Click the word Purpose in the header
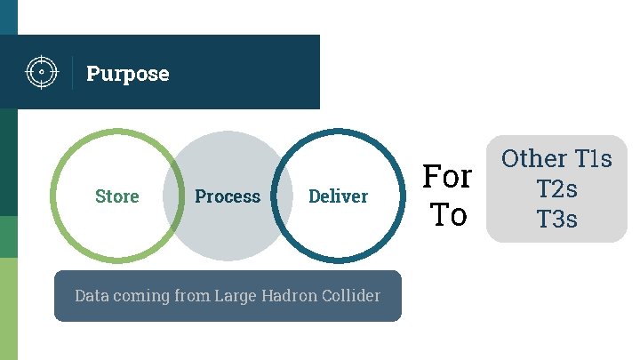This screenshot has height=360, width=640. tap(127, 74)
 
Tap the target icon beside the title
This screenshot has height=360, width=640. tap(38, 72)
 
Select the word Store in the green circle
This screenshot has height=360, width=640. tap(117, 196)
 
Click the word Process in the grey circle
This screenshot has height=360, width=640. tap(228, 196)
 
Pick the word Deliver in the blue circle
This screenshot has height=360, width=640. tap(338, 196)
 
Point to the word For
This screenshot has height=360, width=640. tap(446, 177)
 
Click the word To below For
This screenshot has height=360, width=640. tap(448, 215)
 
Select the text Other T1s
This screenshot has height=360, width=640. tap(556, 159)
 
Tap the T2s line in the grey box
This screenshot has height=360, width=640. tap(557, 188)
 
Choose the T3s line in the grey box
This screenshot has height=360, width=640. tap(557, 219)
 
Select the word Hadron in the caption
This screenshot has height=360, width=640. tap(289, 295)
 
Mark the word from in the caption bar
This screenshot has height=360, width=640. tap(192, 295)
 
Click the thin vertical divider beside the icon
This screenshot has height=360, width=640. tap(72, 72)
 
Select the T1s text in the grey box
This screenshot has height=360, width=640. tap(593, 159)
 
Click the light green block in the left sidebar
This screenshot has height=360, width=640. tap(8, 308)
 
